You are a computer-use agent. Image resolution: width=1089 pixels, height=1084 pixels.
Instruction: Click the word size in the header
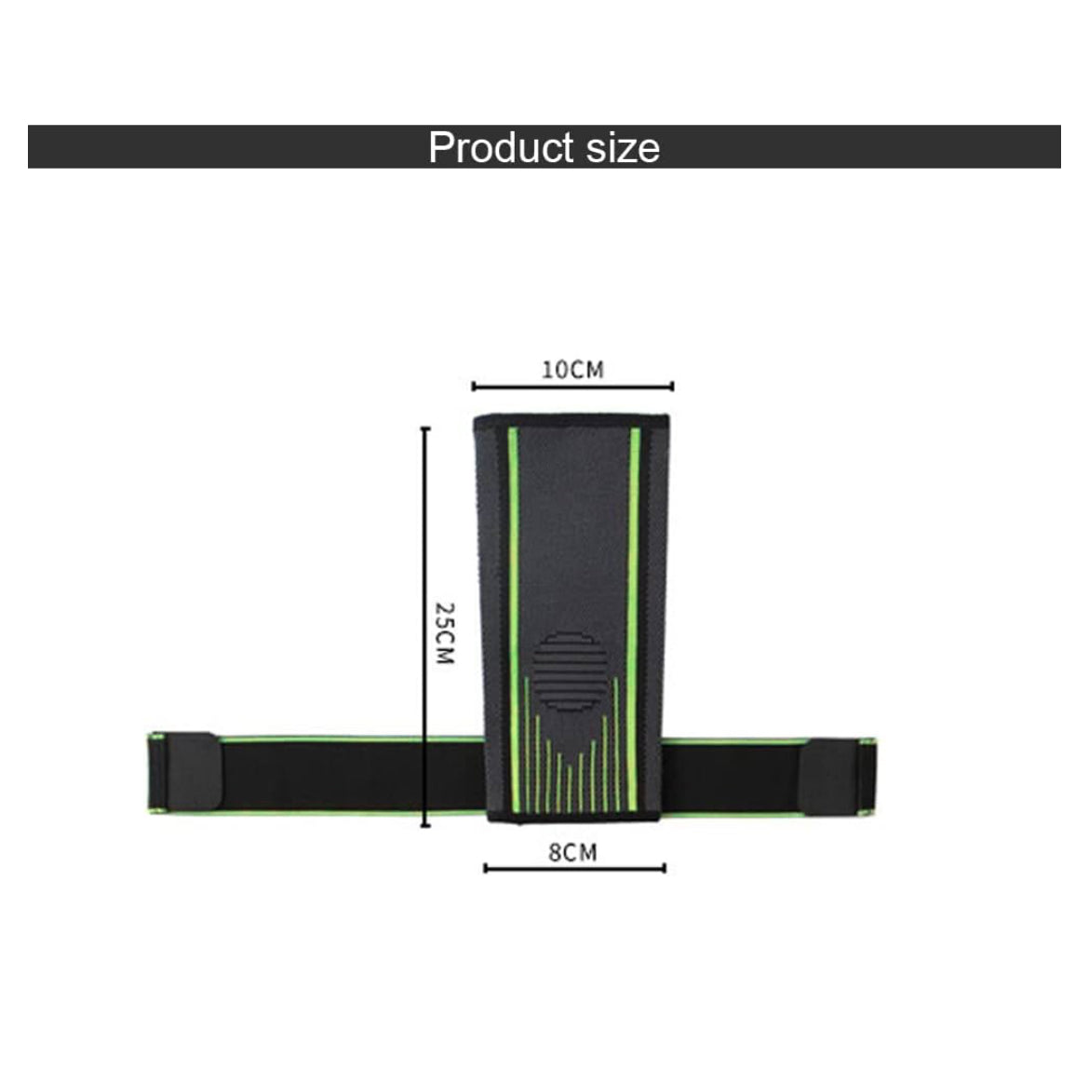pyautogui.click(x=623, y=148)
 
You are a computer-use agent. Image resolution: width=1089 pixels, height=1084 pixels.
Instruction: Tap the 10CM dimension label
pyautogui.click(x=572, y=370)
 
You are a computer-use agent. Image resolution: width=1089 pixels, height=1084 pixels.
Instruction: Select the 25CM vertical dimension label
pyautogui.click(x=445, y=633)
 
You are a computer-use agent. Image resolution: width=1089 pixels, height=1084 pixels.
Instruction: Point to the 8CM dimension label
pyautogui.click(x=572, y=852)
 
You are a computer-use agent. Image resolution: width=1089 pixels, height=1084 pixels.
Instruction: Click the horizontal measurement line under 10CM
pyautogui.click(x=572, y=386)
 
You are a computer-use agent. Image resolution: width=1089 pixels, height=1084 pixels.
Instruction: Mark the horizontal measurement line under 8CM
pyautogui.click(x=574, y=868)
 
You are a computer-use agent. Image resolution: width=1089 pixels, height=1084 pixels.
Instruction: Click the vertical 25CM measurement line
pyautogui.click(x=425, y=628)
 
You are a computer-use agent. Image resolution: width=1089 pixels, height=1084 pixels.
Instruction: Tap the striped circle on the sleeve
pyautogui.click(x=570, y=671)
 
